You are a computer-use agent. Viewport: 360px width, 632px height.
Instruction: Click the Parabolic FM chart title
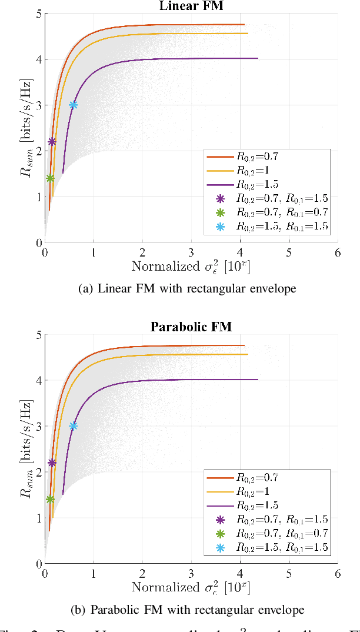coord(191,327)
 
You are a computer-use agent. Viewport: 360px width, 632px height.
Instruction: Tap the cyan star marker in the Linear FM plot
coord(74,105)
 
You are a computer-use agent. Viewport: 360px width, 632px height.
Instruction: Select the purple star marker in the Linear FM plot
coord(52,142)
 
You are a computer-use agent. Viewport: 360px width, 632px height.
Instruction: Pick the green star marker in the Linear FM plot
coord(50,178)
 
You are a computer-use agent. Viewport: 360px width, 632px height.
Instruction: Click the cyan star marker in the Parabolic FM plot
coord(74,425)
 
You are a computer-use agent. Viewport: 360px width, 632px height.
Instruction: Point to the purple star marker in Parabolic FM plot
coord(52,463)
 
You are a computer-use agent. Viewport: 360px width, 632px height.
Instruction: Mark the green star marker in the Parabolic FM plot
coord(50,500)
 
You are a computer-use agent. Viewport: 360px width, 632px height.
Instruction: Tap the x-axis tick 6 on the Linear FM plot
coord(337,252)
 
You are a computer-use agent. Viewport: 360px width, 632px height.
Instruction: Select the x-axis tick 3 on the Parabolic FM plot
coord(191,573)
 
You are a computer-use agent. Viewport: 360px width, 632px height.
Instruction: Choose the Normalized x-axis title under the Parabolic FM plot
coord(191,587)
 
